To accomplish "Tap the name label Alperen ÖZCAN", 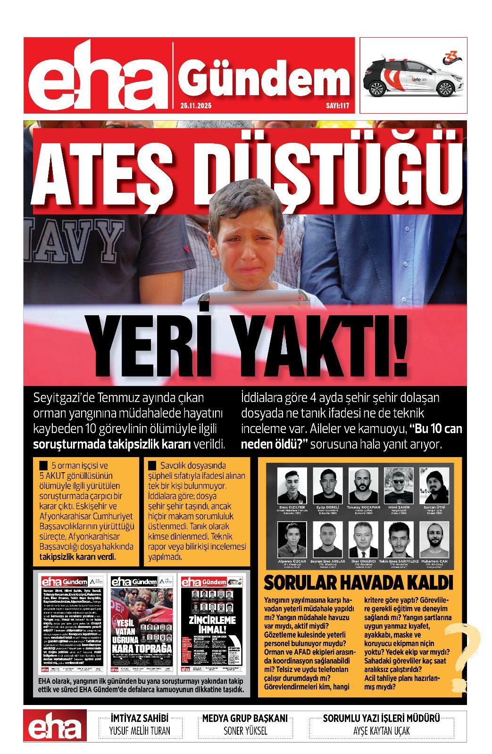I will (x=292, y=561).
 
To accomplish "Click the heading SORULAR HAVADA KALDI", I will (x=358, y=583).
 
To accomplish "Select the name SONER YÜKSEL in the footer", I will (x=245, y=731).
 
